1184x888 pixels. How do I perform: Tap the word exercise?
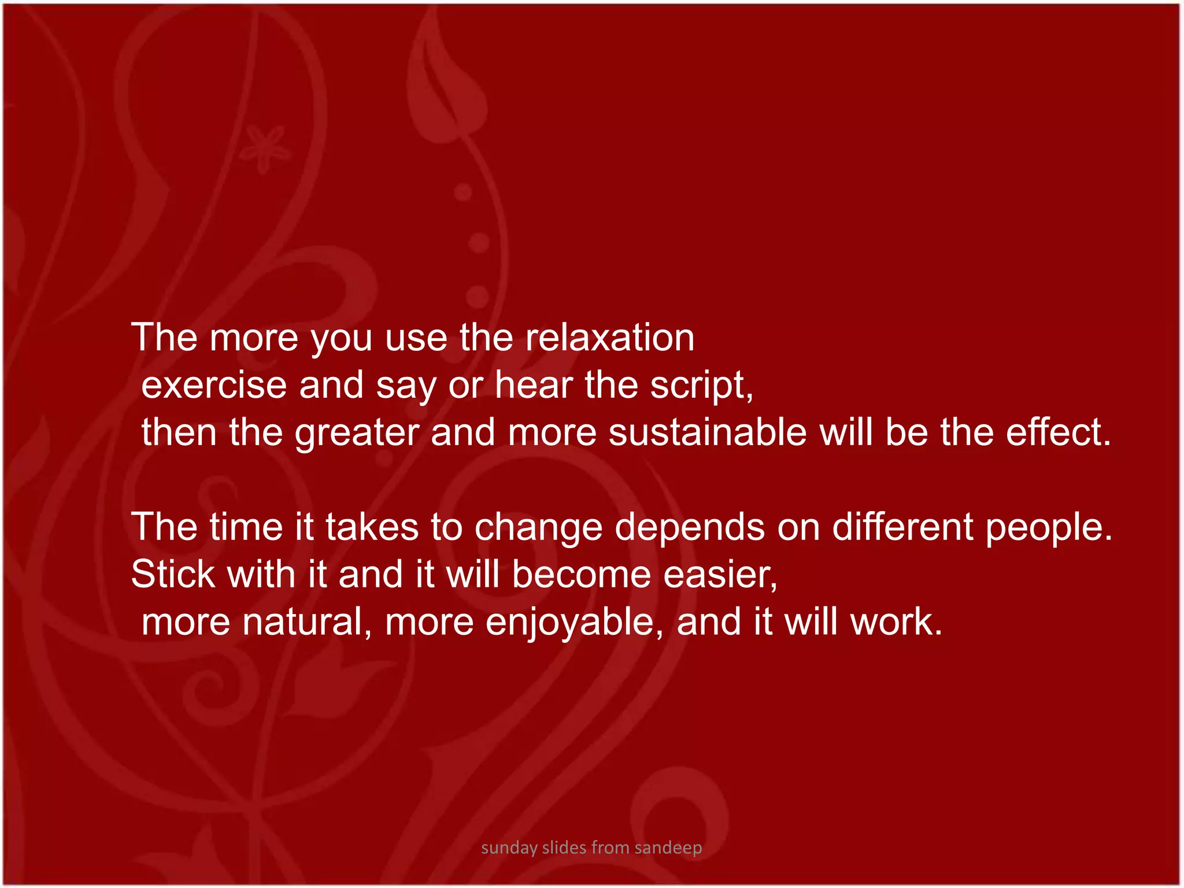214,385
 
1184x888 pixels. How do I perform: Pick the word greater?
357,434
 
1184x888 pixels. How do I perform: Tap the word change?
538,528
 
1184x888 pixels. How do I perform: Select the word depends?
690,528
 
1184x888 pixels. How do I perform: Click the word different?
902,527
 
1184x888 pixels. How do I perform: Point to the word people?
1049,528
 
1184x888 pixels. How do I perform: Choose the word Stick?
173,575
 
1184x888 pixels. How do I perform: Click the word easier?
720,575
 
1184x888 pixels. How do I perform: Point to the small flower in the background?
265,149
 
